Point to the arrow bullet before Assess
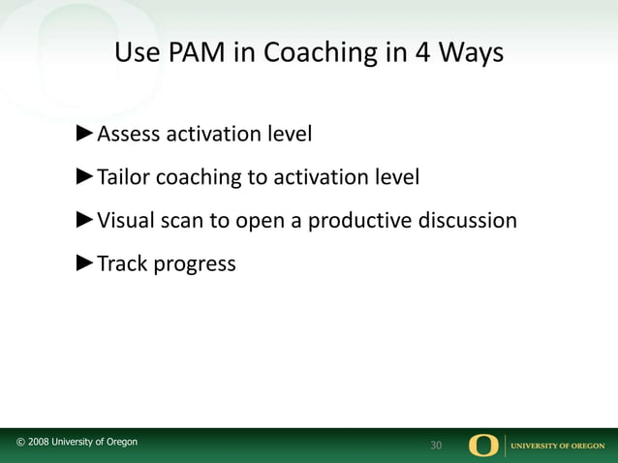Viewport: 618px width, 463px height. pos(85,132)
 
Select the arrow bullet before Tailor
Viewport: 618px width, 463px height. pos(85,175)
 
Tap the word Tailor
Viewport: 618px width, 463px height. pos(123,177)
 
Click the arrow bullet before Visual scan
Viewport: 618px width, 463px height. pos(85,219)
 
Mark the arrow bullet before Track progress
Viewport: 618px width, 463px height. pos(85,262)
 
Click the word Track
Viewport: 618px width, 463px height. pos(120,263)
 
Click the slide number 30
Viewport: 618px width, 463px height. pos(436,446)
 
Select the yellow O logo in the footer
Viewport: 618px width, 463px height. pos(483,445)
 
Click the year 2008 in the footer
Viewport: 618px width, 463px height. pos(41,443)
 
